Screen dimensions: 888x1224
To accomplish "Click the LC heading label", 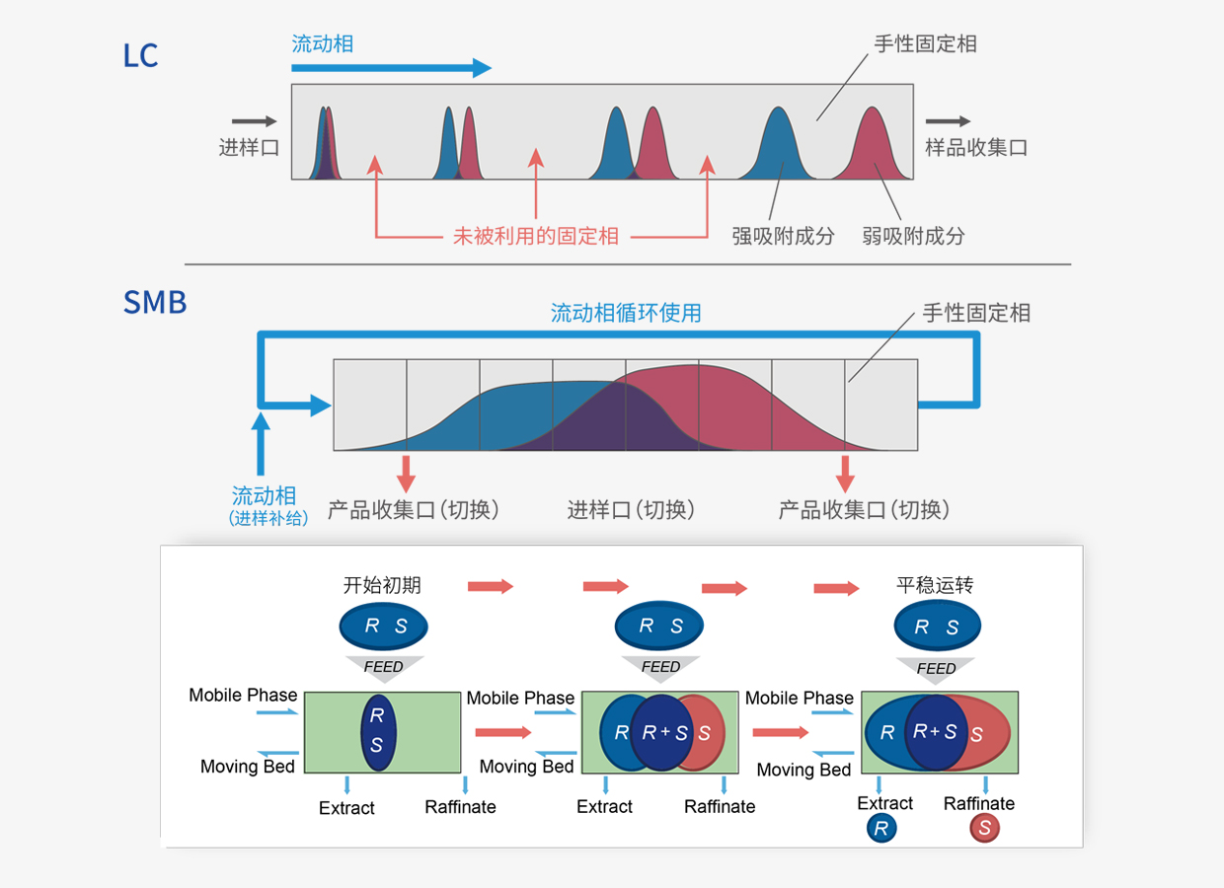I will [140, 55].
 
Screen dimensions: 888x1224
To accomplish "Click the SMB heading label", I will [155, 302].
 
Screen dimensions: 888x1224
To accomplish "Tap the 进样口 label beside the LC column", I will [249, 148].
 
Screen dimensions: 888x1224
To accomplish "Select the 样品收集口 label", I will [976, 148].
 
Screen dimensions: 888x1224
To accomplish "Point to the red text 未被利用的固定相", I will [536, 236].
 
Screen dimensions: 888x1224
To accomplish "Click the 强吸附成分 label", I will [783, 236].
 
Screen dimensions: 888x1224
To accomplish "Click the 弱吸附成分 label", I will [913, 236].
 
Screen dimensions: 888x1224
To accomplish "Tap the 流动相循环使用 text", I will [626, 313].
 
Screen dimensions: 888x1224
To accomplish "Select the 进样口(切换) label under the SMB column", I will [631, 509].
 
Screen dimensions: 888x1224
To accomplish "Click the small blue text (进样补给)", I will [268, 517].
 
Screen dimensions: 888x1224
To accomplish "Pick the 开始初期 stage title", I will [382, 585].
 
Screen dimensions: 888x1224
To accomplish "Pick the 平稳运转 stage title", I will [935, 585].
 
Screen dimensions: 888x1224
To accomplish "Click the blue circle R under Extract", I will [880, 829].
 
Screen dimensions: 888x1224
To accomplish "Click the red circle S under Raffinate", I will [984, 829].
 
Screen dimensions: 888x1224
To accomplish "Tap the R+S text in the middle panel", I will [664, 733].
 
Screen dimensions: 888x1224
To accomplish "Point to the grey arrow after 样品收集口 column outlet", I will [948, 121].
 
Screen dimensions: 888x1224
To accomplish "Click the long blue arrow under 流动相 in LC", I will [391, 68].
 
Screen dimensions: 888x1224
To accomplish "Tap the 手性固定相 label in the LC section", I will [925, 44].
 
